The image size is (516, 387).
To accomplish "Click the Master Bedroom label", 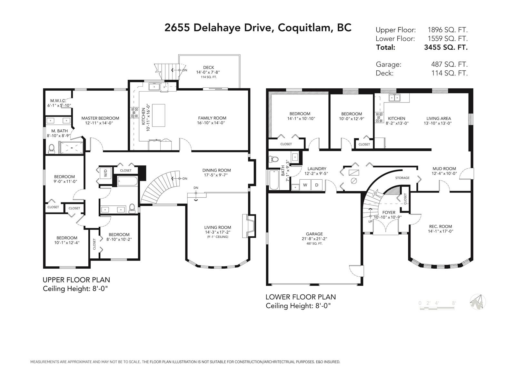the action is tap(100, 118).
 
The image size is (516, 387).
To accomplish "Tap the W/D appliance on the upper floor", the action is tap(105, 174).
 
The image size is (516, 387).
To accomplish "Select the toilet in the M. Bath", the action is tap(51, 149).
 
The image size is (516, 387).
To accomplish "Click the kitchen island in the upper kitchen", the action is tap(158, 115).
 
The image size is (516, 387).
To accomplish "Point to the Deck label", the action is tap(209, 67).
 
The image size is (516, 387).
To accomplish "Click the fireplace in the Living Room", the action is tap(248, 226).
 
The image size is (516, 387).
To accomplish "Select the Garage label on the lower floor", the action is tap(314, 234).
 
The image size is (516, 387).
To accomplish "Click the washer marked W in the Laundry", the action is tap(305, 185).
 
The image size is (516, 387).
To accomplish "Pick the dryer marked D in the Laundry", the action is tap(317, 185).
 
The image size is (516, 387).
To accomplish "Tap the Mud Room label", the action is tap(444, 168).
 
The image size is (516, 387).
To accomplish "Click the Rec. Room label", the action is tap(441, 226).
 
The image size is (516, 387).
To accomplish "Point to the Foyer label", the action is tap(389, 213).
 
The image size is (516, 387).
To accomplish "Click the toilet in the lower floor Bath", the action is tap(273, 159).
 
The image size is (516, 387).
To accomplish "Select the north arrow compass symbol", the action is tap(478, 302).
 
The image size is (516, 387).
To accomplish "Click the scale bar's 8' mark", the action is tap(454, 303).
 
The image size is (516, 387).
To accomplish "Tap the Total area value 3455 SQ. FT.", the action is tap(446, 47).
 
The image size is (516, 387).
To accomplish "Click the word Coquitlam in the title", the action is tap(305, 28).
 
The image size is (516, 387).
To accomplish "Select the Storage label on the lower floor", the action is tap(402, 178).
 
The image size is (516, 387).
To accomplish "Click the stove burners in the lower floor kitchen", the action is tap(379, 117).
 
